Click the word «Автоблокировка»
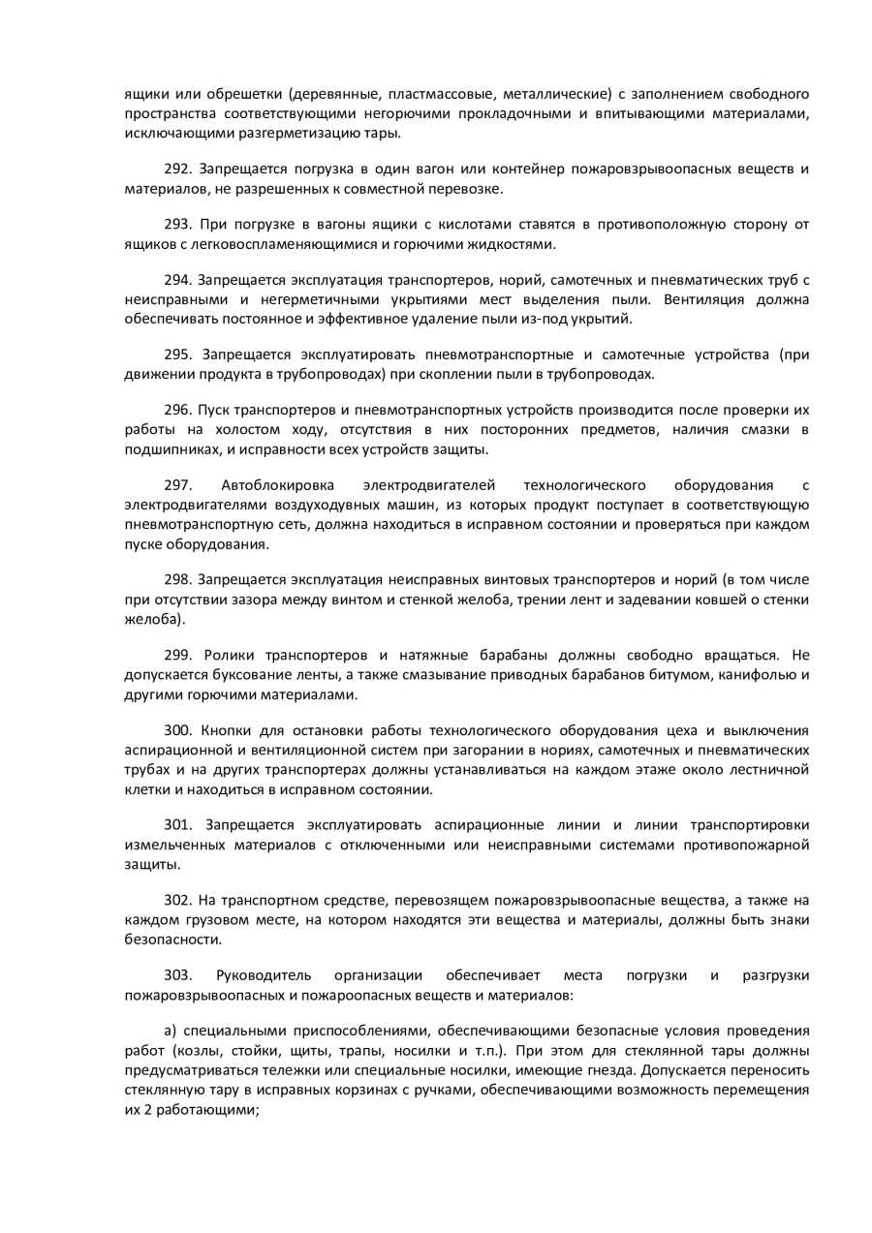[277, 484]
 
